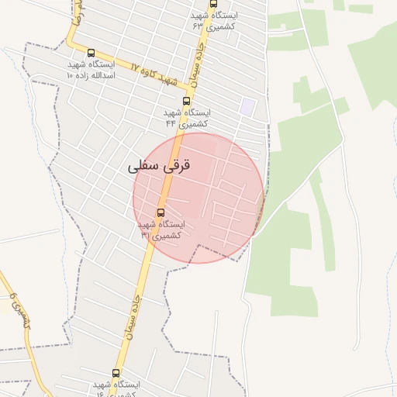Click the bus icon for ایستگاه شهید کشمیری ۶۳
pos(213,4)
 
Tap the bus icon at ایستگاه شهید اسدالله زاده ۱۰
pos(91,54)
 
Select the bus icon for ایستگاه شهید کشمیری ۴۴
pos(186,101)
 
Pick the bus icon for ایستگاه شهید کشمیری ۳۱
pos(161,212)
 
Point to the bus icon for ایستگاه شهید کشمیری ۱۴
pos(116,373)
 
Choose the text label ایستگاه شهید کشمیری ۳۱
pos(161,230)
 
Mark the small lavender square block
pos(247,107)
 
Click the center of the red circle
pos(198,198)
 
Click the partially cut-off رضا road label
pos(76,13)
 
